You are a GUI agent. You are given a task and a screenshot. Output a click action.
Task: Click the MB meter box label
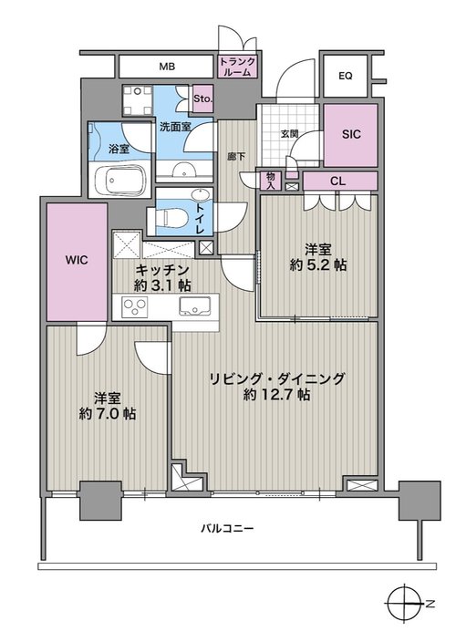pos(167,67)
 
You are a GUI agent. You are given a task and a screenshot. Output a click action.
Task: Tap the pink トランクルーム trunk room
pos(238,67)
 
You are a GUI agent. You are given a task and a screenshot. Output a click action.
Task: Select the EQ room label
pos(346,76)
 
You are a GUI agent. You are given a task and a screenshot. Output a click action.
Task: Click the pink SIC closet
pos(351,135)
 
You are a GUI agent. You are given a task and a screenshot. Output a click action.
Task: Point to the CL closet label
pos(337,181)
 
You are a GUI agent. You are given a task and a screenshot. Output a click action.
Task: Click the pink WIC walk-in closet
pos(77,262)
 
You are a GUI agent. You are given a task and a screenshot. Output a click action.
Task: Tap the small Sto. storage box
pos(202,98)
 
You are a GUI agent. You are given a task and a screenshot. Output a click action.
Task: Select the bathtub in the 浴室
pos(120,181)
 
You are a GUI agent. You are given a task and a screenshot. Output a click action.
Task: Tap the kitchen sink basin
pos(194,306)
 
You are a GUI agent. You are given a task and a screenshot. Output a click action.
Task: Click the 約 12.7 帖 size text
pos(276,395)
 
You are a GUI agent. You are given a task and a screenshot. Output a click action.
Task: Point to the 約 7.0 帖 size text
pos(108,414)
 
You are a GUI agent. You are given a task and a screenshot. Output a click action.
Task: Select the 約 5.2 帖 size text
pos(318,265)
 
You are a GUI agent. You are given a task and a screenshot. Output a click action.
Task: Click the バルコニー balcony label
pos(227,529)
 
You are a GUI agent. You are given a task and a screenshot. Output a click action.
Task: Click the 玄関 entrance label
pos(289,134)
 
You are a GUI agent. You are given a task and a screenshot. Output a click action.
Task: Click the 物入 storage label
pos(271,181)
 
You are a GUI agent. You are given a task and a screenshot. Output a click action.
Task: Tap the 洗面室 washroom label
pos(175,127)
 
